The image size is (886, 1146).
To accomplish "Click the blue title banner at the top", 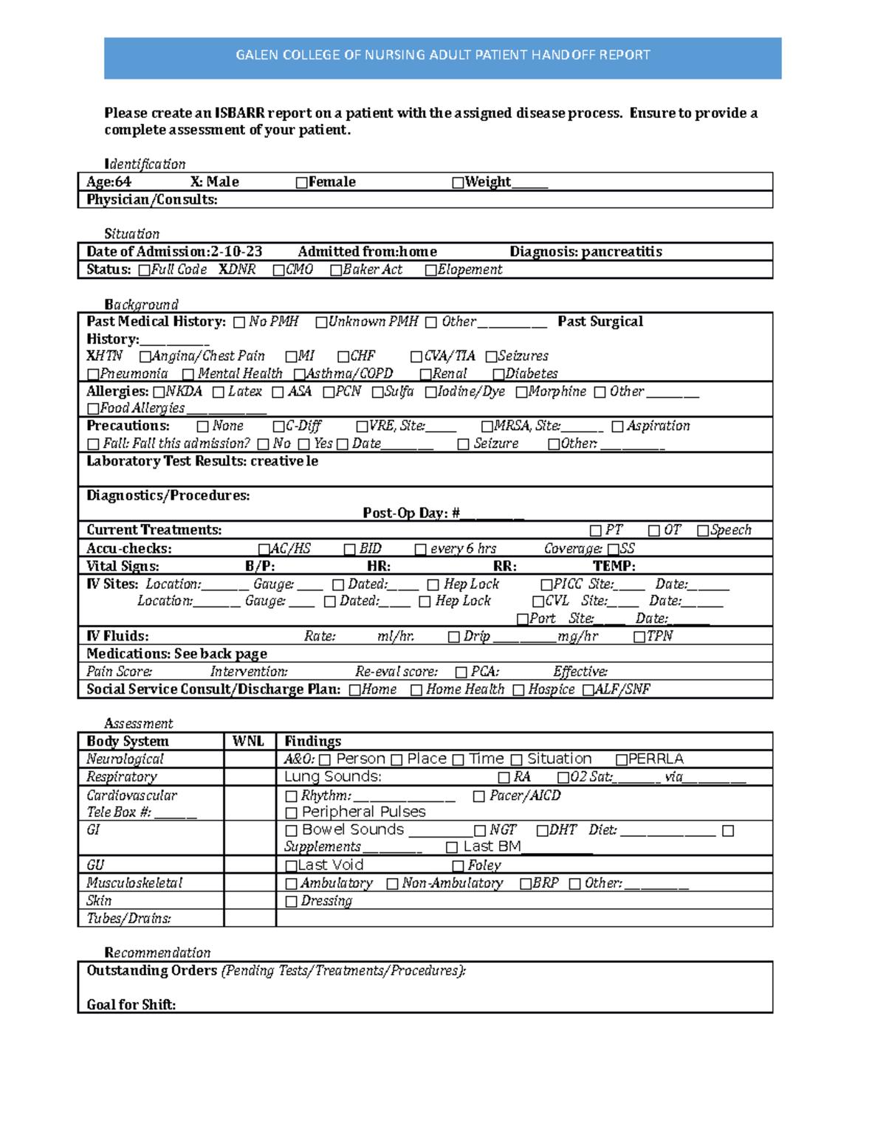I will (x=442, y=58).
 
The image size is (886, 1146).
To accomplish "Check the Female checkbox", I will (x=301, y=182).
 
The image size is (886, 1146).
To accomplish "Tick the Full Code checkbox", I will (x=144, y=270).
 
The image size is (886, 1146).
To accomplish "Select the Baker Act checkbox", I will (x=336, y=270).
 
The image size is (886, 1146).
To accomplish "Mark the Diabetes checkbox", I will (x=498, y=374).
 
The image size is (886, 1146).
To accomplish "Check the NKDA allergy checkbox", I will (x=159, y=392).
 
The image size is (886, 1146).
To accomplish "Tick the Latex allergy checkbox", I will (x=219, y=392).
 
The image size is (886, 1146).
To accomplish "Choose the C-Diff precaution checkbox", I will (x=278, y=427).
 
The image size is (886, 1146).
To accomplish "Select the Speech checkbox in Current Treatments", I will (x=703, y=531).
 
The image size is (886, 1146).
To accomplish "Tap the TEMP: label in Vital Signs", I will (x=614, y=567).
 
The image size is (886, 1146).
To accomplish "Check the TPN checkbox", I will (x=639, y=637).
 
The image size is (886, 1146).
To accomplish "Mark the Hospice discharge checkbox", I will (x=518, y=690).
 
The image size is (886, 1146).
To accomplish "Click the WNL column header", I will (x=249, y=742).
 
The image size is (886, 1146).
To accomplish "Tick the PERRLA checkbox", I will (x=622, y=760).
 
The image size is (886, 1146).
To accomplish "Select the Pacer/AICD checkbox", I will (x=478, y=796).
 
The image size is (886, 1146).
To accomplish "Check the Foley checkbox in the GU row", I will (x=458, y=866).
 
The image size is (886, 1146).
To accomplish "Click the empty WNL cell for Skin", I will (x=250, y=901).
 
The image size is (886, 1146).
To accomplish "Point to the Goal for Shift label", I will (x=131, y=1004).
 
